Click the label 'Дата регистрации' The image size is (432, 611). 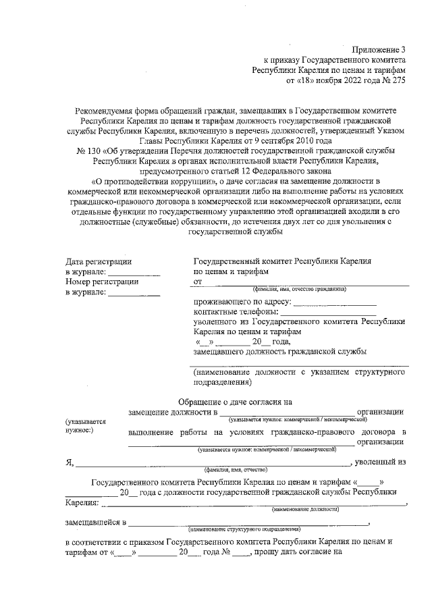[99, 261]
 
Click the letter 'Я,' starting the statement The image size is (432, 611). [69, 462]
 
